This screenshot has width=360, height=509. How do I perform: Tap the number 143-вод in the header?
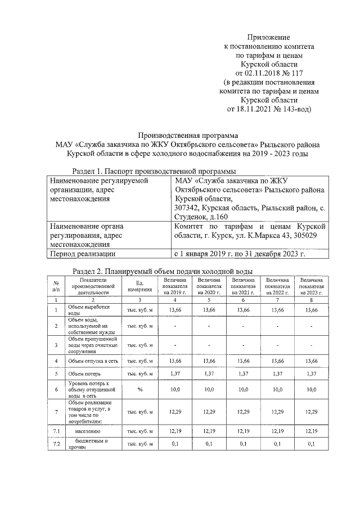point(295,109)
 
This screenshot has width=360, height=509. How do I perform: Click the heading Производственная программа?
point(188,134)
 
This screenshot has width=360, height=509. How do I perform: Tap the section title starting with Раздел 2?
point(163,272)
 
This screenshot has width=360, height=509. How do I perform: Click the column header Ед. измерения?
point(139,286)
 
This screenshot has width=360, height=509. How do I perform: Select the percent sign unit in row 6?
point(139,389)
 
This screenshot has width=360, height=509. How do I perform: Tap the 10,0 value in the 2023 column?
point(311,389)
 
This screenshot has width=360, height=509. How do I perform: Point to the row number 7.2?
point(56,444)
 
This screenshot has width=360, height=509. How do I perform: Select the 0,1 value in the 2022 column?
point(277,444)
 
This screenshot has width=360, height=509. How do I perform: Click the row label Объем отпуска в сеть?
point(92,361)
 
